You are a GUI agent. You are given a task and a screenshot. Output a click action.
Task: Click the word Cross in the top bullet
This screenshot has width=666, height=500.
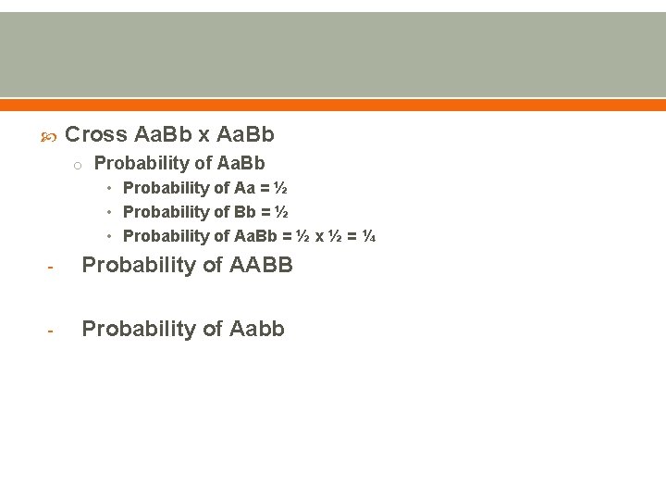(96, 134)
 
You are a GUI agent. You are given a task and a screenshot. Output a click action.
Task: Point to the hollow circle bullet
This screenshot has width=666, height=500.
(80, 166)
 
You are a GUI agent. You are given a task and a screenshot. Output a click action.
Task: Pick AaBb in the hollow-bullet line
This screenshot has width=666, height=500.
(240, 163)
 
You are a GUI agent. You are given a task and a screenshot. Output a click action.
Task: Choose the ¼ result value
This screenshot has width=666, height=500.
(368, 236)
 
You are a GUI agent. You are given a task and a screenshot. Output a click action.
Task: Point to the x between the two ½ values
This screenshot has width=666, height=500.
(320, 236)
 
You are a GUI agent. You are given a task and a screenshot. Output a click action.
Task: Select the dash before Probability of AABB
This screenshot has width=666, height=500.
(52, 268)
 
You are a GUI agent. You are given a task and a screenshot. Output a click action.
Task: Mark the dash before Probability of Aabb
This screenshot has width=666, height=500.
(52, 331)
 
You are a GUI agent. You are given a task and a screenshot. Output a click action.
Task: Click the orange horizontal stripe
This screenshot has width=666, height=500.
(333, 105)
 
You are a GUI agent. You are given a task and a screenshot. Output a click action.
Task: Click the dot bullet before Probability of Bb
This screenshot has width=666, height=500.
(110, 213)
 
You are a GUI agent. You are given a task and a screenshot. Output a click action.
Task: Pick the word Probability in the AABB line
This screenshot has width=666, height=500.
(139, 266)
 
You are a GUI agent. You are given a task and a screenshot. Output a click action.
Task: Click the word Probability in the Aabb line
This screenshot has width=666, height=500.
(139, 330)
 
